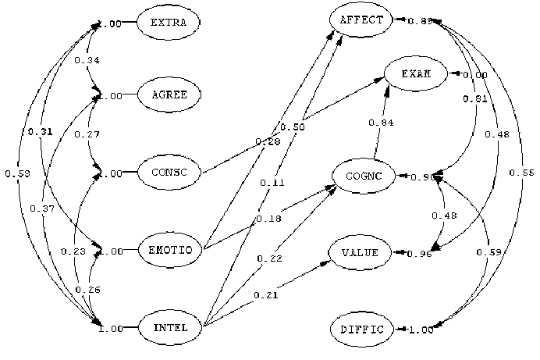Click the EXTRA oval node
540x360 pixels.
[x=169, y=23]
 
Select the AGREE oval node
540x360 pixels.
[x=169, y=95]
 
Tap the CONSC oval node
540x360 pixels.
[x=169, y=173]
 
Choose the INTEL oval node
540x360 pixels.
[x=169, y=328]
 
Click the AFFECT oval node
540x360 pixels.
[x=362, y=20]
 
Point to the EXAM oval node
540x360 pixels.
[x=415, y=74]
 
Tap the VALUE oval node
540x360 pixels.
[x=362, y=253]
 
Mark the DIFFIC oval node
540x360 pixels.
[x=362, y=330]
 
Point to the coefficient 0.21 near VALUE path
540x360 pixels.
[x=265, y=295]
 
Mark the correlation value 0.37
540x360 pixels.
[x=42, y=209]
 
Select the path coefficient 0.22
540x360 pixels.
[x=269, y=258]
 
